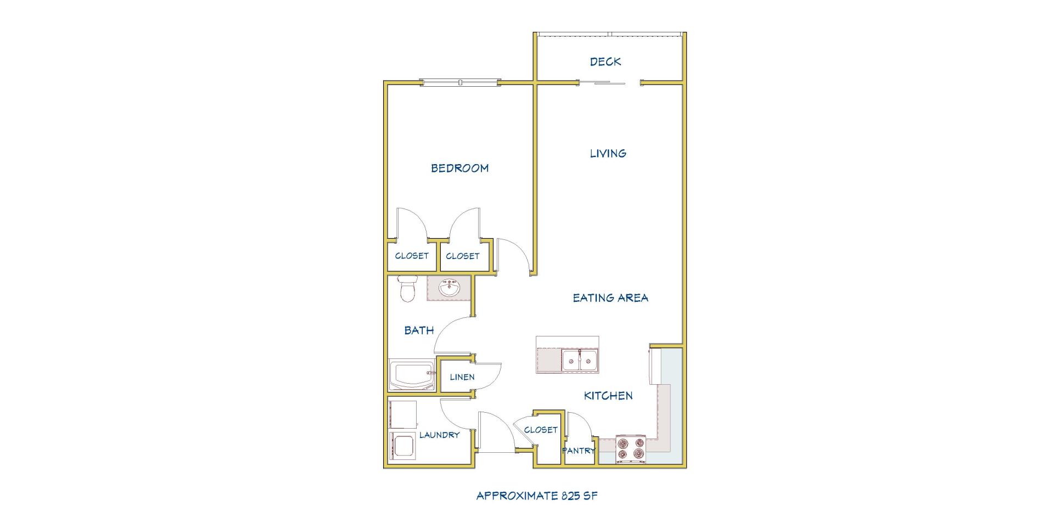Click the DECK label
coord(606,61)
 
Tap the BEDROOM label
coord(459,168)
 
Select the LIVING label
coord(608,153)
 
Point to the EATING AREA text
coord(610,297)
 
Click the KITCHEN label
coord(608,395)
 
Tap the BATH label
coord(419,330)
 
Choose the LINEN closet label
coord(462,377)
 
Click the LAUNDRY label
coord(439,435)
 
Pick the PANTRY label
coord(579,451)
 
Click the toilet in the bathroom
coord(407,289)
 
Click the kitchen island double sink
coord(579,361)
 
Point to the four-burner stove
coord(630,448)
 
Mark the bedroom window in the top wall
coord(461,82)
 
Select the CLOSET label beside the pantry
coord(541,430)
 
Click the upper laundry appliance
coord(402,414)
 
